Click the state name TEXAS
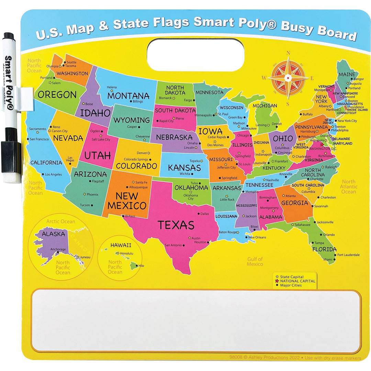(x=176, y=225)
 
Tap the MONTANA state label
(x=128, y=95)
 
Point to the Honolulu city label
(x=126, y=253)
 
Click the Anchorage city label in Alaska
(x=58, y=249)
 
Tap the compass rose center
(x=288, y=78)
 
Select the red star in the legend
(x=277, y=281)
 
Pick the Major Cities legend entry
(x=291, y=285)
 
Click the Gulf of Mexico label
(x=255, y=261)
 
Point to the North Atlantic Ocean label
(x=349, y=187)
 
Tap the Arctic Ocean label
(x=61, y=222)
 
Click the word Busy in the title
(x=302, y=29)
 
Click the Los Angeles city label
(x=53, y=175)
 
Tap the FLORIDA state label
(x=324, y=249)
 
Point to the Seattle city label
(x=71, y=62)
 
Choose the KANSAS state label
(x=184, y=168)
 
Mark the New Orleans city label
(x=257, y=237)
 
